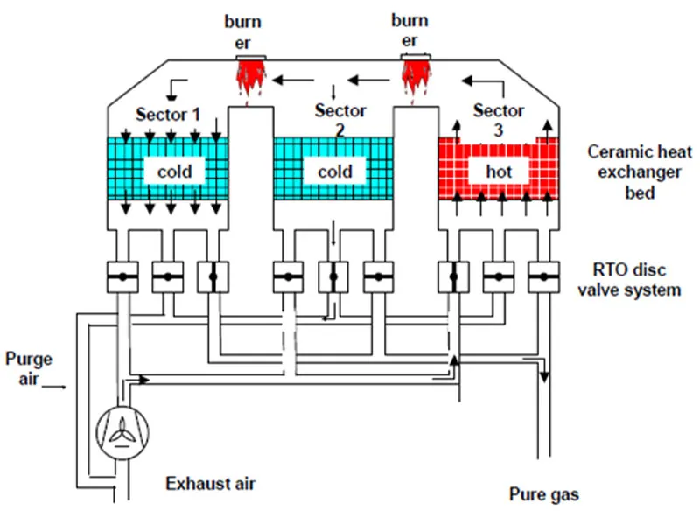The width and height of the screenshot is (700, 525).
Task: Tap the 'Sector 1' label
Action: [x=168, y=115]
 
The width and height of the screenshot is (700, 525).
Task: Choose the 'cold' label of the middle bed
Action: [x=334, y=171]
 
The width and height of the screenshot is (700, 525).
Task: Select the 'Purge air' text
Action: [x=29, y=367]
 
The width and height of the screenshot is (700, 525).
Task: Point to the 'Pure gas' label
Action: [x=543, y=494]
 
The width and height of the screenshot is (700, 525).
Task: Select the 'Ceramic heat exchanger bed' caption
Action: [x=632, y=172]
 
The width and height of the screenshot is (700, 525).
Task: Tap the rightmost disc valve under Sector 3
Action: [x=543, y=277]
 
